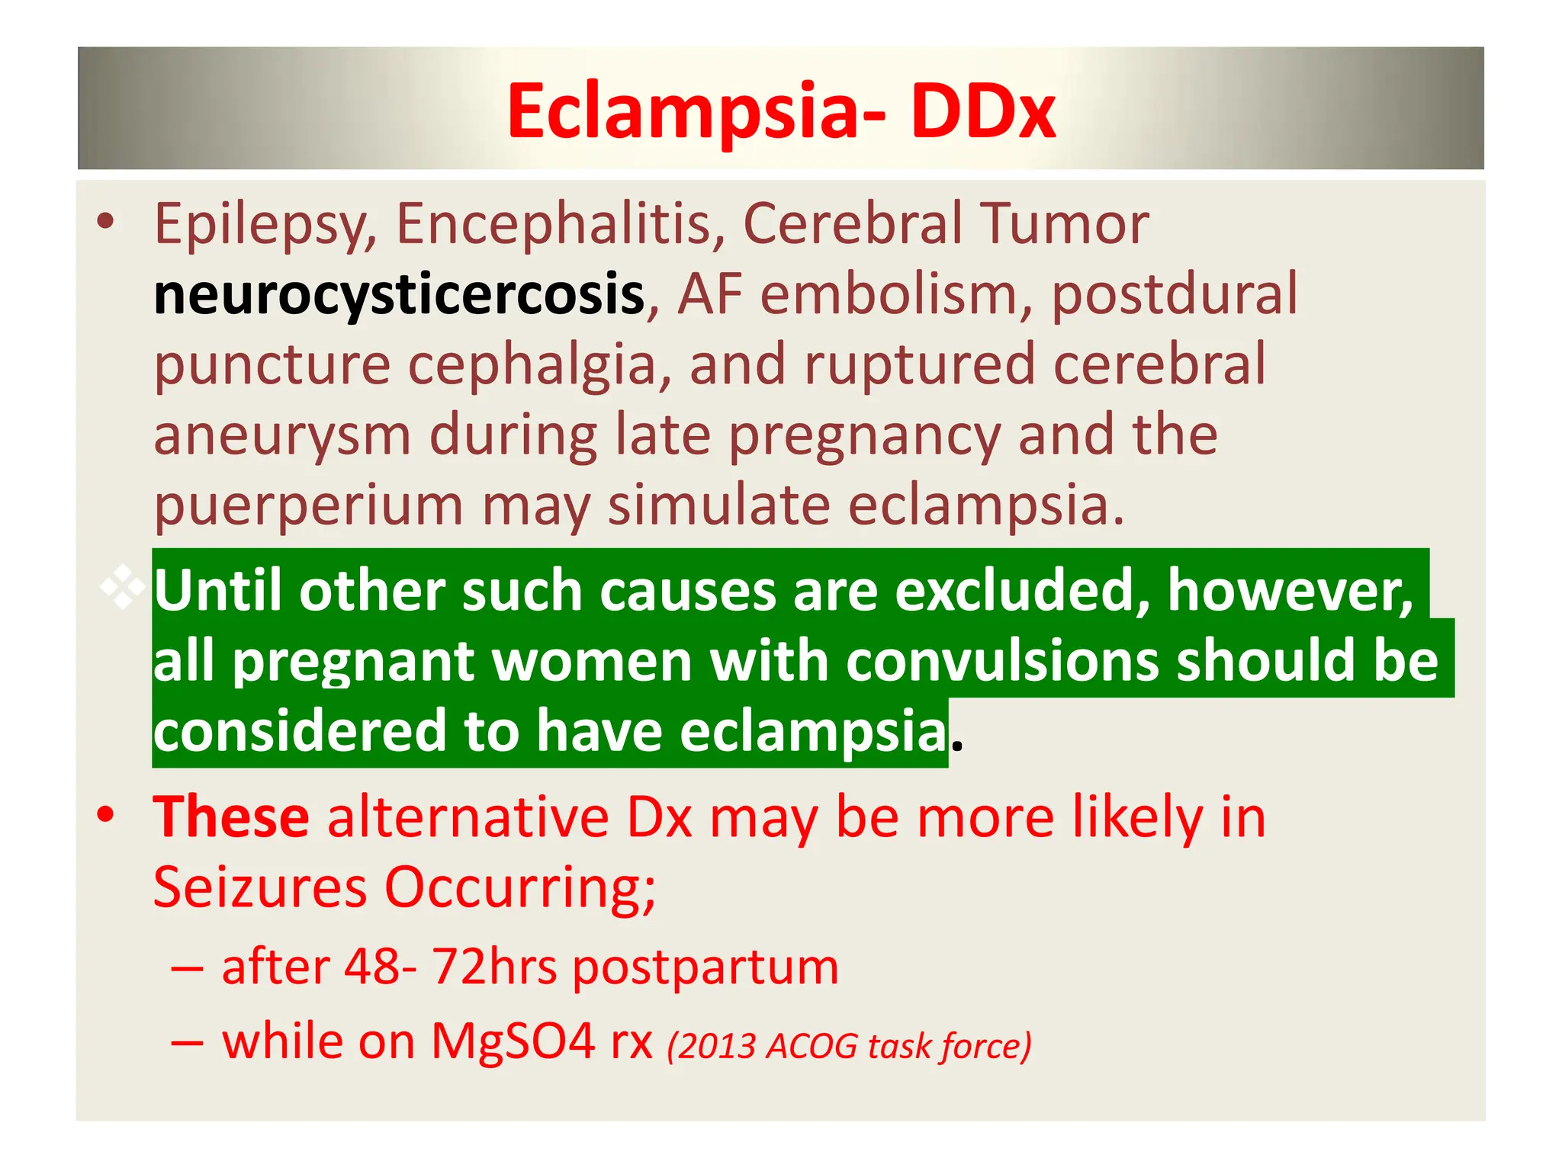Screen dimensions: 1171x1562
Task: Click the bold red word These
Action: (231, 817)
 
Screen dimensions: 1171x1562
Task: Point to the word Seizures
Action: (260, 887)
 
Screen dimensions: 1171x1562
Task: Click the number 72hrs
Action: (494, 967)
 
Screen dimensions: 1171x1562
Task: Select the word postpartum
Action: (705, 969)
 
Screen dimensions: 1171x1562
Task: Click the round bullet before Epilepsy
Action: (105, 222)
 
